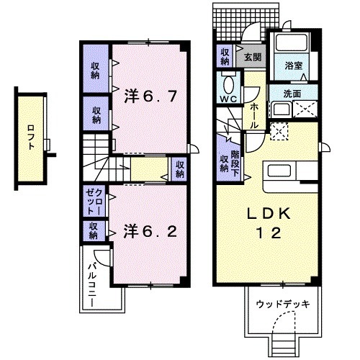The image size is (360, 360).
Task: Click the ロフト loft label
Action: coord(30,138)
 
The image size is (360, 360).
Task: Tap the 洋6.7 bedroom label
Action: coord(150,96)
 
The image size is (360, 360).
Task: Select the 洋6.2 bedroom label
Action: coord(150,232)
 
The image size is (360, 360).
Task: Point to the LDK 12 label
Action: coord(269,223)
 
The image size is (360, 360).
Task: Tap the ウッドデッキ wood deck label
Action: coord(283,305)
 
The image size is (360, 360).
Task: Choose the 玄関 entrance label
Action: coord(253,57)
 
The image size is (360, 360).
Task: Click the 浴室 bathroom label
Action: coord(294,66)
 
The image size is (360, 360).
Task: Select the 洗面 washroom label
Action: coord(292,94)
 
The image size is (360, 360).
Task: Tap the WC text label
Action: coord(228,99)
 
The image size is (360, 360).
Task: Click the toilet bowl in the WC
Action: coord(229,84)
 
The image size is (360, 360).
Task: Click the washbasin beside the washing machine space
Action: coord(282,109)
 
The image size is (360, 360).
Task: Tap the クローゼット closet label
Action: coord(95,202)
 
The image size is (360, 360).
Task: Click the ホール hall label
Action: coord(254,116)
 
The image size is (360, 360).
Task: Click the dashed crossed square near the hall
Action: coord(279,131)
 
